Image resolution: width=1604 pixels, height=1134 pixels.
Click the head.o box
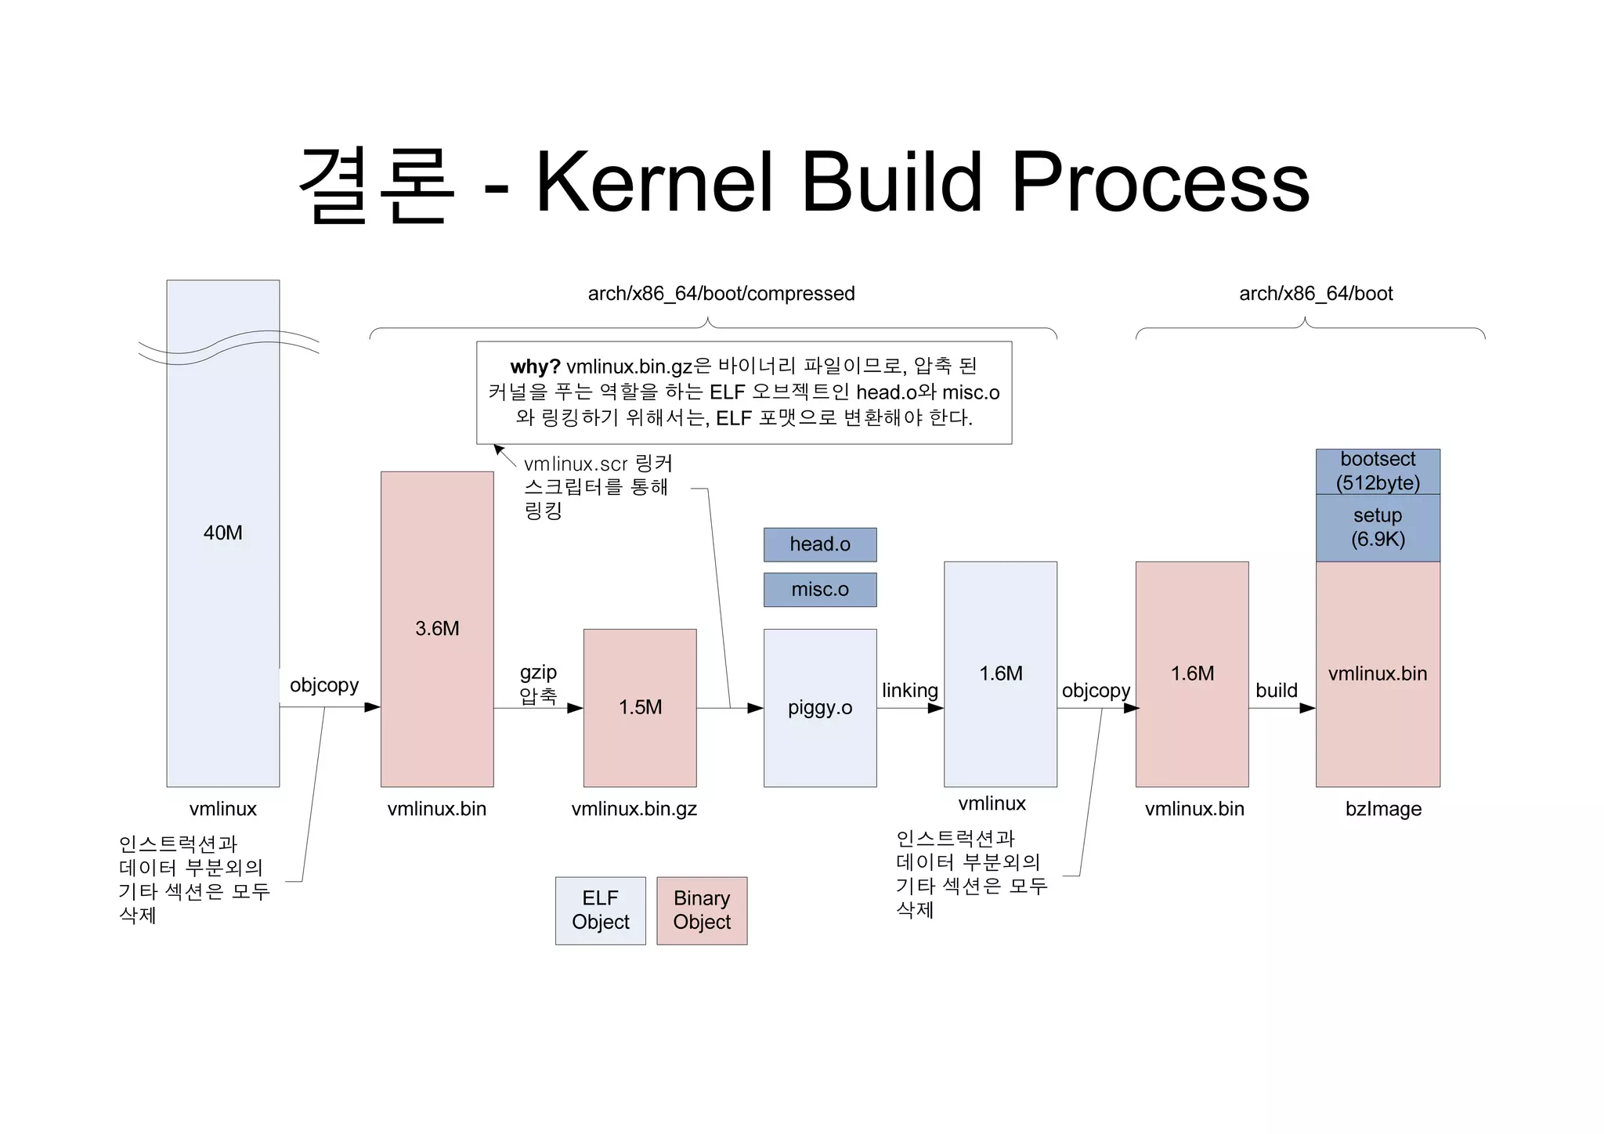coord(819,544)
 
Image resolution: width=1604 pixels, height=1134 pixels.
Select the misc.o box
coord(819,590)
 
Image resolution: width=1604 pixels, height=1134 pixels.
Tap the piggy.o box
coord(819,707)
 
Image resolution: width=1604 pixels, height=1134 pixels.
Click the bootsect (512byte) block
coord(1378,471)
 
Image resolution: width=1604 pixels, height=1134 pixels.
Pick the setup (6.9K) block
coord(1378,527)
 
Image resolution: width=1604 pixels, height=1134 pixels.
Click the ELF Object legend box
coord(600,910)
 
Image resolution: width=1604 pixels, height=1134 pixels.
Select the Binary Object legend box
coord(702,910)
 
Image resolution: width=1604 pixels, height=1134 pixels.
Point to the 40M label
coord(222,533)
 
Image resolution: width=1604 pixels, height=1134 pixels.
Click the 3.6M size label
coord(437,628)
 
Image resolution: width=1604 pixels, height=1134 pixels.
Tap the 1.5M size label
coord(640,707)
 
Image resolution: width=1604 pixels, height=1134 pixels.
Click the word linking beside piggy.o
coord(909,690)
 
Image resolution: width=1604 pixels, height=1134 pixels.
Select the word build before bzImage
coord(1276,690)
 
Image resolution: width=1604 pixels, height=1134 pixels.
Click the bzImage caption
coord(1383,809)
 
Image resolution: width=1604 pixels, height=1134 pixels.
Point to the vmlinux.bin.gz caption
coord(634,809)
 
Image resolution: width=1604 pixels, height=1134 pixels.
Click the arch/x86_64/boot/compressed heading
coord(721,294)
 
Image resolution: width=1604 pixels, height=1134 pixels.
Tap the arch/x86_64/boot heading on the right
coord(1316,294)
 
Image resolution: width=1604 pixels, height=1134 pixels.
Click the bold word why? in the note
coord(535,367)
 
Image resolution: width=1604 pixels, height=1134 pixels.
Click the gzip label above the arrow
coord(538,672)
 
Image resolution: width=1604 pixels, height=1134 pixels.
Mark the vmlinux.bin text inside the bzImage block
coord(1378,674)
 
